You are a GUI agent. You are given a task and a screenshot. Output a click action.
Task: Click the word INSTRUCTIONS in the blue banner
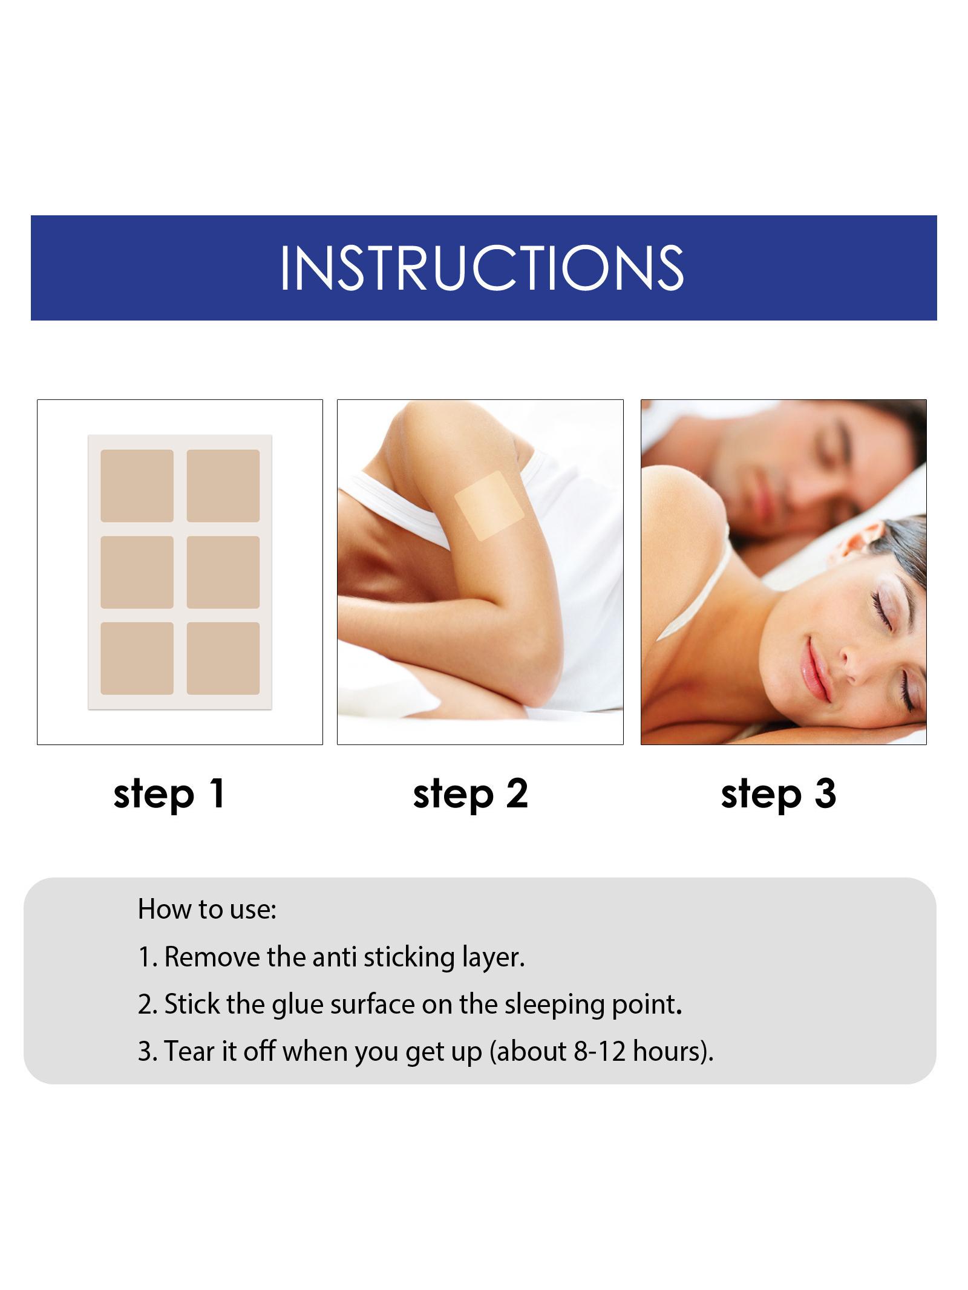click(x=482, y=267)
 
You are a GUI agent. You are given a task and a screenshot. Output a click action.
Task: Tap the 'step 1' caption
click(x=169, y=795)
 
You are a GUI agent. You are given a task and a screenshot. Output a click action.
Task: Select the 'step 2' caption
click(x=471, y=795)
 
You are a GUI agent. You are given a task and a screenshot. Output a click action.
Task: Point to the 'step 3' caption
click(x=779, y=795)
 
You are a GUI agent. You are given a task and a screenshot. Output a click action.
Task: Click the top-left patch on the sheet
click(x=137, y=486)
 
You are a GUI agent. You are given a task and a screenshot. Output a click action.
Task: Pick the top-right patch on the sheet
click(x=223, y=486)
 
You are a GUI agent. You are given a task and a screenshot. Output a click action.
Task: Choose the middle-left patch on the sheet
click(x=137, y=572)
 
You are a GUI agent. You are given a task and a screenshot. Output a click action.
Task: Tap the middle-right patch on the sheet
click(x=223, y=572)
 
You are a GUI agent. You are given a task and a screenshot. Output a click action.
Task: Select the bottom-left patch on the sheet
click(x=137, y=659)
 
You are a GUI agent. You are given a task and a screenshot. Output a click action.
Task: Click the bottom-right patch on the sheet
click(x=223, y=659)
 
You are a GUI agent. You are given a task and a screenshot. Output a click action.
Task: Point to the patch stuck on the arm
click(x=489, y=506)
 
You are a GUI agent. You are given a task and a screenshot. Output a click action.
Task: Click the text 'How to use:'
click(x=207, y=909)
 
